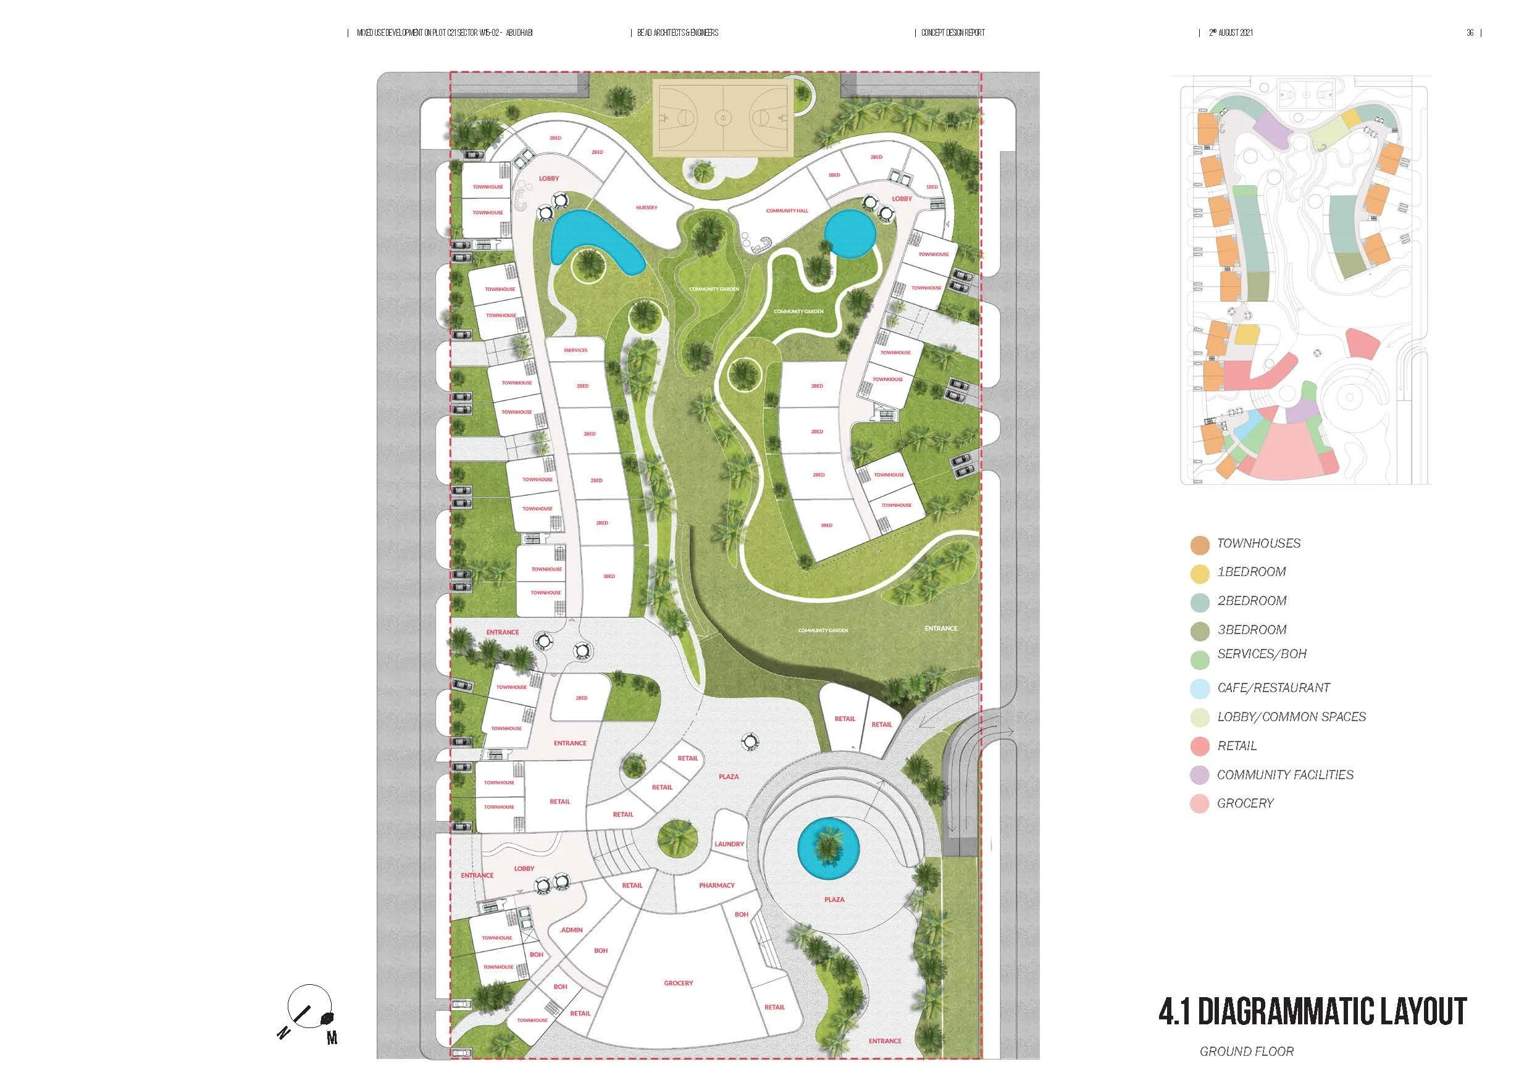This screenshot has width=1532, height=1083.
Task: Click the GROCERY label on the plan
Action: [x=678, y=983]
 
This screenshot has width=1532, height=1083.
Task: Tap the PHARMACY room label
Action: [x=717, y=885]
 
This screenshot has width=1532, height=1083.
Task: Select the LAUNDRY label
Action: [x=729, y=844]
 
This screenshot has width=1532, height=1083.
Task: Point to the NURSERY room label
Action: [x=647, y=207]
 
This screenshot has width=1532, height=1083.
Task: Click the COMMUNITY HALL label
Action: [x=787, y=211]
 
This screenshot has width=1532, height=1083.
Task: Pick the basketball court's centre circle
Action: [x=723, y=118]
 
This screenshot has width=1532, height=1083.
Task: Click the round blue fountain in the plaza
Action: [x=828, y=849]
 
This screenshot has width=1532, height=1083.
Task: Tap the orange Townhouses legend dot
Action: [x=1200, y=545]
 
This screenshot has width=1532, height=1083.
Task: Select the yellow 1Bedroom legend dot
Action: [x=1200, y=573]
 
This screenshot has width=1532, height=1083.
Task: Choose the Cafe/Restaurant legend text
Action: [x=1273, y=688]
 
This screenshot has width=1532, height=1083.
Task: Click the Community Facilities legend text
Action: [x=1285, y=775]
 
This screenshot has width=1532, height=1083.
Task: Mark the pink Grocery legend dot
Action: [x=1200, y=804]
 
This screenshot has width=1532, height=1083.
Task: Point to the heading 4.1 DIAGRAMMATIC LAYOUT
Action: [x=1312, y=1011]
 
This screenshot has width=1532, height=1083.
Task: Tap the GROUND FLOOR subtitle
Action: [x=1247, y=1052]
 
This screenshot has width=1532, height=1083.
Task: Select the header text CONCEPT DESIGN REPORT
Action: [x=952, y=33]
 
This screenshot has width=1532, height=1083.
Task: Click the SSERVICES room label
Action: [x=575, y=350]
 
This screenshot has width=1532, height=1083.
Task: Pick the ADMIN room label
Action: [x=571, y=930]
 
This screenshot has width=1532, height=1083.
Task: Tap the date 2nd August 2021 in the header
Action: [x=1231, y=33]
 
